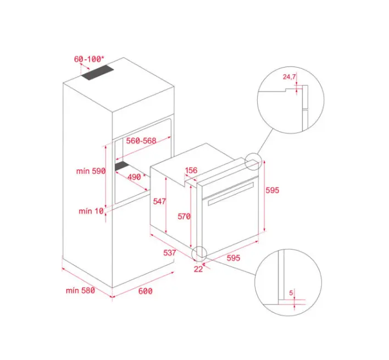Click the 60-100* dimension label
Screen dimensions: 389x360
89,59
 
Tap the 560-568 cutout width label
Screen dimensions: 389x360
141,141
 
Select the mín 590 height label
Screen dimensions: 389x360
91,171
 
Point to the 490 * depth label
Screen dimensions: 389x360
136,177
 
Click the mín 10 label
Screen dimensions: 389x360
91,211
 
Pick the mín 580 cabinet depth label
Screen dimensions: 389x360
80,290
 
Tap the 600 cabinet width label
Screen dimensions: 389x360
146,291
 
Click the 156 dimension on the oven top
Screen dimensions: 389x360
191,170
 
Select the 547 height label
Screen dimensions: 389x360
159,201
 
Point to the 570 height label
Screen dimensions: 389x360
184,217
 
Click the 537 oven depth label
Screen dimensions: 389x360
170,253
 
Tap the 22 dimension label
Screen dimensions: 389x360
198,269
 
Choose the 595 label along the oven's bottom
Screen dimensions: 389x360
234,258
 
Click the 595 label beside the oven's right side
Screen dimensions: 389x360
273,190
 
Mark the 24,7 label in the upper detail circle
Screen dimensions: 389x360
289,76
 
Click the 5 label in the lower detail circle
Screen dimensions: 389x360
291,293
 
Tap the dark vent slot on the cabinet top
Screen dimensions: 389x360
98,72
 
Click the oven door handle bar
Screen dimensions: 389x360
231,194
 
